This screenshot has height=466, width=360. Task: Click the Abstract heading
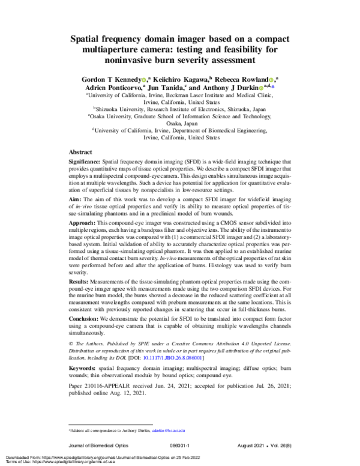80,153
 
